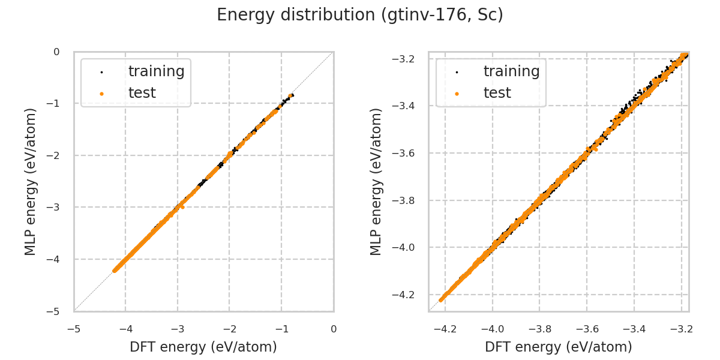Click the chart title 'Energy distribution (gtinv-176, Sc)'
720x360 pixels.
pos(360,15)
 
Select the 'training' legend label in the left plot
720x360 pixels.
pos(156,71)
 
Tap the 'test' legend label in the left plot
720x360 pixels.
pos(142,93)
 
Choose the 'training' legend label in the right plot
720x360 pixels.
pos(511,71)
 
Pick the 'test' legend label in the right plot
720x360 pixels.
pos(497,93)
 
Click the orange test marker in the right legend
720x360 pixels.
pos(457,94)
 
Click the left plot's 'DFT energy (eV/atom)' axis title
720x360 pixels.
pos(203,347)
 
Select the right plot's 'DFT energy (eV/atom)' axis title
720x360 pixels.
pos(559,347)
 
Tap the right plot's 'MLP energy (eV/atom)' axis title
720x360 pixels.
pos(376,181)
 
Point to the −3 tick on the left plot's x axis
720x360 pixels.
pos(177,329)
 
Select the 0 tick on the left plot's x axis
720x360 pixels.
pos(334,329)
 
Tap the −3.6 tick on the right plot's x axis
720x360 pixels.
pos(586,329)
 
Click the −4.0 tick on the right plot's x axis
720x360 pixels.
pos(492,329)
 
